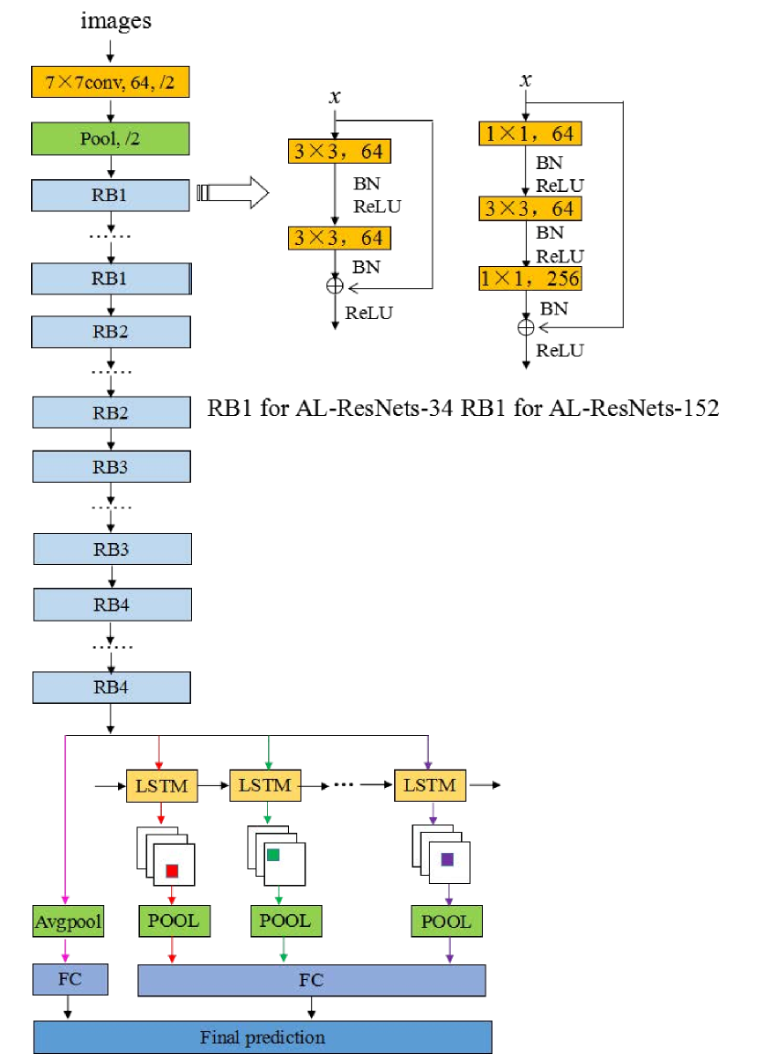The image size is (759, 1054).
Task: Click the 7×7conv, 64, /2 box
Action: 110,82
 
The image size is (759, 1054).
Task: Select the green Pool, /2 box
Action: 110,139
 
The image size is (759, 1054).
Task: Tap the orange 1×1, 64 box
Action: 530,133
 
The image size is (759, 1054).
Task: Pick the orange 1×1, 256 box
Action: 530,278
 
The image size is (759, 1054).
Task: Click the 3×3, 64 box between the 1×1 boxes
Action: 530,208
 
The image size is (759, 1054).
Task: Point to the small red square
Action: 172,871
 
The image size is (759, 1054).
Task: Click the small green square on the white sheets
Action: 273,855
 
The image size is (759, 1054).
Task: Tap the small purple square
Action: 447,859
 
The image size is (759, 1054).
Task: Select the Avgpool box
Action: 68,921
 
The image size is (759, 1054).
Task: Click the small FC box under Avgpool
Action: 70,979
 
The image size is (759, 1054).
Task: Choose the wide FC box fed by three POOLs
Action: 311,980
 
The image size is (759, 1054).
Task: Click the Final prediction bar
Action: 262,1038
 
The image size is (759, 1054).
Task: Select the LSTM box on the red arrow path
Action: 161,785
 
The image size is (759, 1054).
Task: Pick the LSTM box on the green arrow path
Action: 265,785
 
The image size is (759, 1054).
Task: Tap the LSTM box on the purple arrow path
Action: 430,785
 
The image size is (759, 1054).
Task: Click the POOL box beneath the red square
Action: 174,921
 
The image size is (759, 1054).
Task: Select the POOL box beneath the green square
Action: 285,921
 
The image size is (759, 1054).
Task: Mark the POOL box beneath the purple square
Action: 446,921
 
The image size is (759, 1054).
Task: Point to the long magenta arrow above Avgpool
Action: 65,814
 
